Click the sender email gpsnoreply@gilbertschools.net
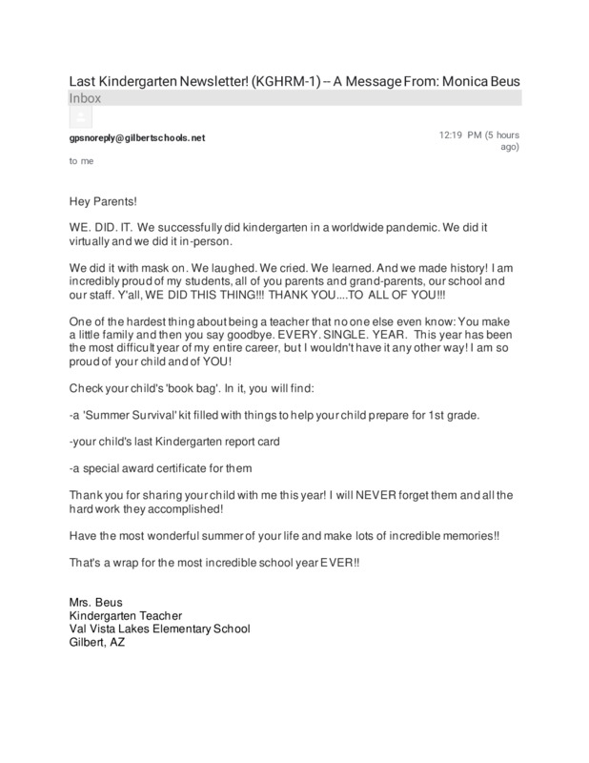tap(136, 138)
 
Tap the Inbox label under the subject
tap(84, 98)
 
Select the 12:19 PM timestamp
tap(460, 135)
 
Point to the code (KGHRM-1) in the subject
tap(283, 81)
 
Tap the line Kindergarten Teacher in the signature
tap(126, 617)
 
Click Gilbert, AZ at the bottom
tap(96, 642)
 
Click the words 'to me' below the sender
tap(80, 162)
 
